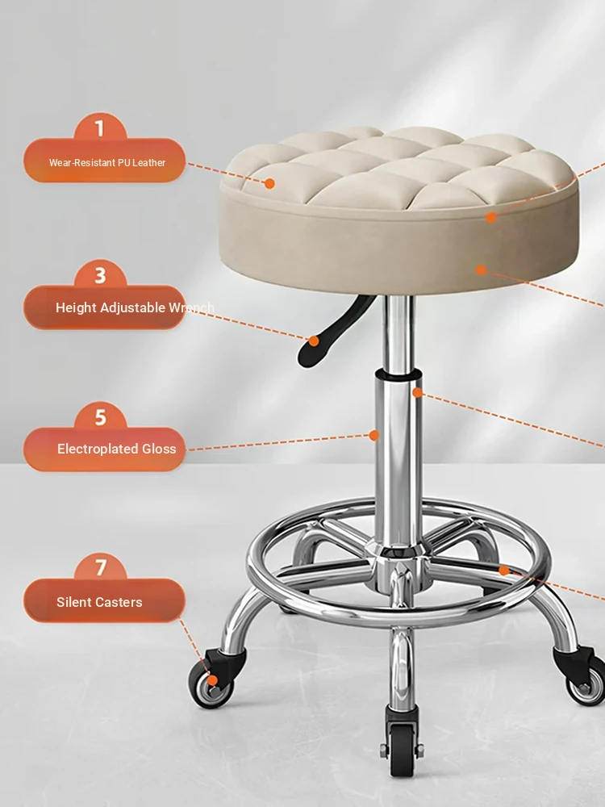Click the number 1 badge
(x=100, y=128)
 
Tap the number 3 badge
(x=100, y=275)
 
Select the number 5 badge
(x=100, y=417)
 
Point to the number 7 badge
(x=101, y=567)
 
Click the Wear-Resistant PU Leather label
(x=107, y=163)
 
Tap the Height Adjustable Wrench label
(x=135, y=307)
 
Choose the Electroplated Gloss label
(x=117, y=449)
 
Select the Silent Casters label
(x=99, y=602)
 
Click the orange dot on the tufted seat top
(x=269, y=183)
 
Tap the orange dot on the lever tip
(x=314, y=341)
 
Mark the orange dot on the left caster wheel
(x=212, y=681)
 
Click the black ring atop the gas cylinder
(x=398, y=374)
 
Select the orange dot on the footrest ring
(x=504, y=571)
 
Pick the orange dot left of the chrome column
(x=374, y=436)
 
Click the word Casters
(x=121, y=602)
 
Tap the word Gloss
(x=159, y=449)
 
